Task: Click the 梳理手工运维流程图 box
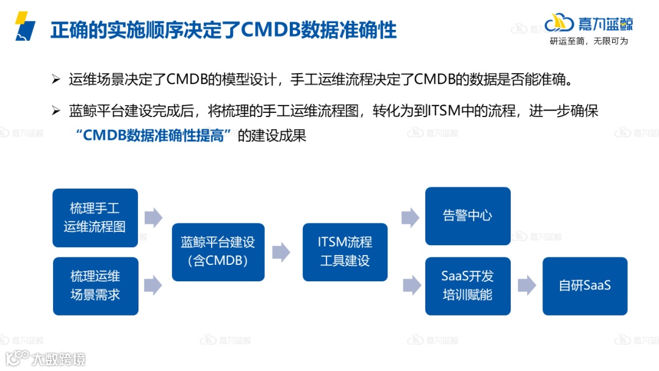click(95, 218)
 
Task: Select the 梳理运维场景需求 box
click(95, 286)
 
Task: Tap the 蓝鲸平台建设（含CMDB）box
click(218, 251)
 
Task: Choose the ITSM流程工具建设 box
click(345, 251)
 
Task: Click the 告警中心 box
click(467, 216)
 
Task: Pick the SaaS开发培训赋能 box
click(467, 286)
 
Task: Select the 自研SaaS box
click(585, 286)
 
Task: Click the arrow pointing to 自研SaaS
click(527, 285)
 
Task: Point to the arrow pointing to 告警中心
click(410, 217)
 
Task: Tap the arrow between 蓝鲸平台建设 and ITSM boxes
click(281, 252)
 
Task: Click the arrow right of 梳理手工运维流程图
click(153, 217)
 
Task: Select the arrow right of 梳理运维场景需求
click(153, 284)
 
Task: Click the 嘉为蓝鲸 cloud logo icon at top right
click(559, 23)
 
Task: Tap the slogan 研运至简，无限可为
click(588, 41)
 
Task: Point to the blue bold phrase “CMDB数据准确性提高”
click(156, 135)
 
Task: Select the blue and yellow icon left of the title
click(25, 26)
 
